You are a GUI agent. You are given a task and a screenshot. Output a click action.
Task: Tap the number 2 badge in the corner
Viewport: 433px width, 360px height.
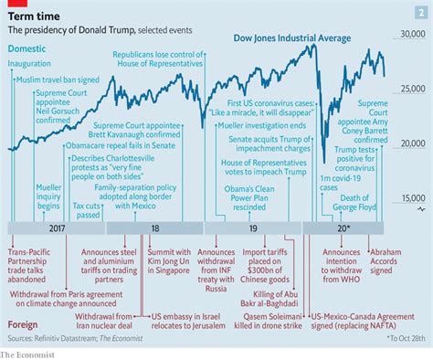[420, 11]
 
